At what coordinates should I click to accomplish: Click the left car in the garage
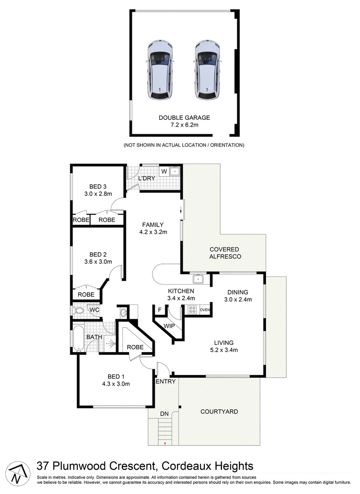coord(160,71)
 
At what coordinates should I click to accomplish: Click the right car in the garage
coord(207,71)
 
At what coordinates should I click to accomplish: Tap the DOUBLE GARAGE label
coord(184,118)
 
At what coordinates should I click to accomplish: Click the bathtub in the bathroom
coord(78,338)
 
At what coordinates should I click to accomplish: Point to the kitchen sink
coord(198,279)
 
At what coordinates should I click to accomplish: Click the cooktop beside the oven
coord(192,310)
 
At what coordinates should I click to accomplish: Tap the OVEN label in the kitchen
coord(205,310)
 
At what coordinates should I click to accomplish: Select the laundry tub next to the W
coord(174,172)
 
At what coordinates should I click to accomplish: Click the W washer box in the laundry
coord(164,172)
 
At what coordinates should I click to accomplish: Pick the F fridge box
coord(160,310)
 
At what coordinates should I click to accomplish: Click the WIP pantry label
coord(169,326)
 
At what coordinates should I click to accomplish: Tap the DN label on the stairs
coord(164,414)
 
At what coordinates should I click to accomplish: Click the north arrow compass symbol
coord(18,473)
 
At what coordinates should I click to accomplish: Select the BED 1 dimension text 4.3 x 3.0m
coord(116,384)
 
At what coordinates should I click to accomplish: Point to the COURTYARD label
coord(219,412)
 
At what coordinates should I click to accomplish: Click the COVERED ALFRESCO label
coord(225,253)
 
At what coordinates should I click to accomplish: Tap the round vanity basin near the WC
coord(124,313)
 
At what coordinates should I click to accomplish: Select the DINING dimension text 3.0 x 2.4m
coord(238,299)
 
